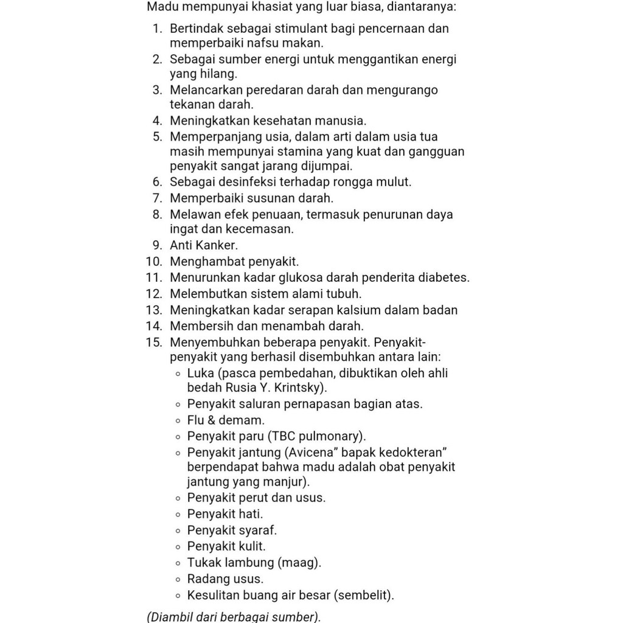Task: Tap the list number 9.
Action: [157, 246]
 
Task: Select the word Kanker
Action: [217, 246]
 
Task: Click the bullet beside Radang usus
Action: [178, 579]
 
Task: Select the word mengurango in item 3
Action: [407, 90]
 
